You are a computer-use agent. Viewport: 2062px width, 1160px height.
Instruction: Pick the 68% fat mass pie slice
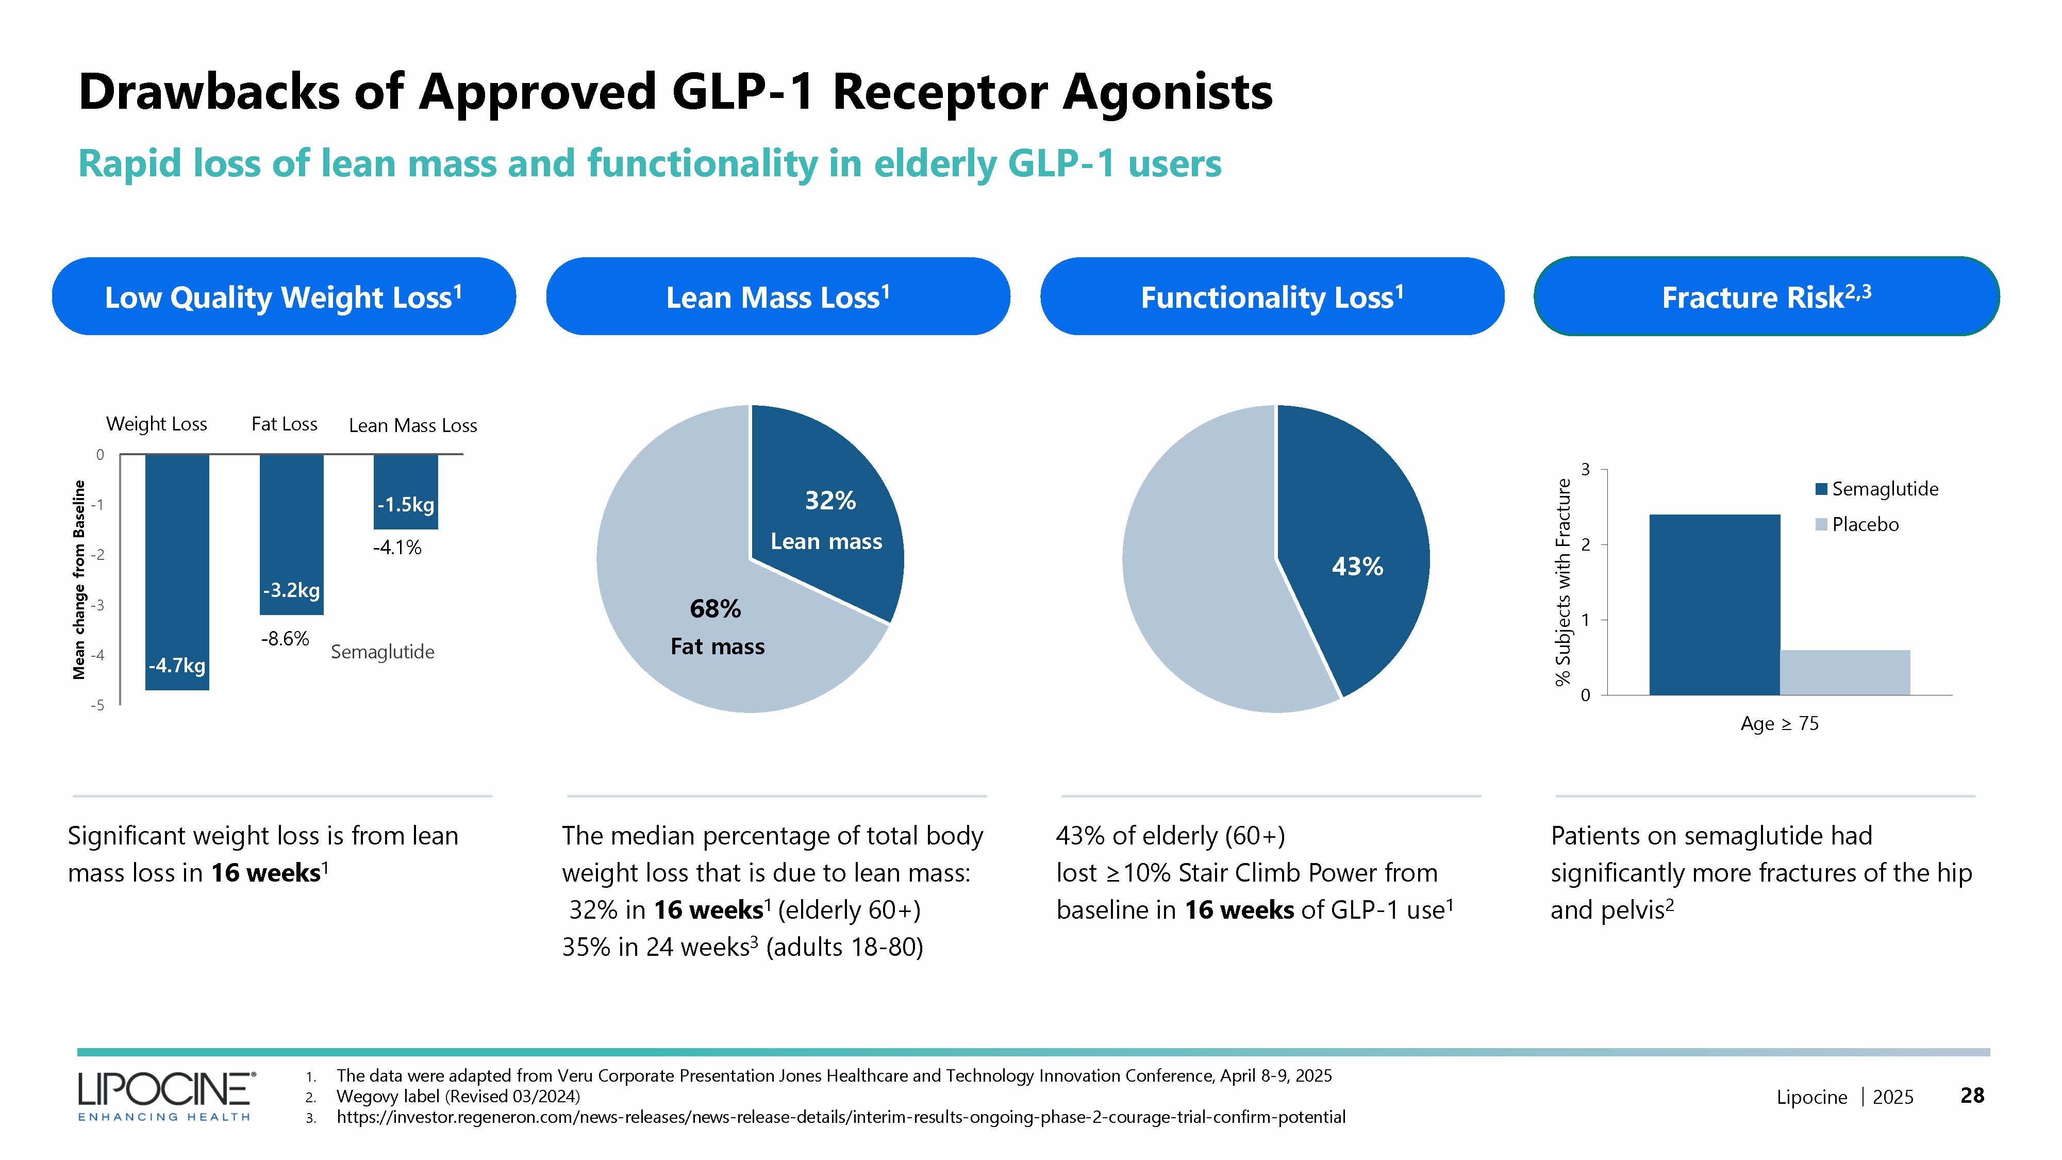(704, 624)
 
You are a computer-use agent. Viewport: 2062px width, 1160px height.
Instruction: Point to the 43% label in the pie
(1357, 567)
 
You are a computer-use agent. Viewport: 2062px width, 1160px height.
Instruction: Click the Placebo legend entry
(1857, 524)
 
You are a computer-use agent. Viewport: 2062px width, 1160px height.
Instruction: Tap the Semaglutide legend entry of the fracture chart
(1877, 489)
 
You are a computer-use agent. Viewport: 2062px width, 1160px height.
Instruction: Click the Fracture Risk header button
(1766, 297)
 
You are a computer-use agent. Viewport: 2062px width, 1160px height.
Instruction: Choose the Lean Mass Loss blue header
(777, 297)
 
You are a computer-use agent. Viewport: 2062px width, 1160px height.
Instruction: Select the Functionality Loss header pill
(1271, 297)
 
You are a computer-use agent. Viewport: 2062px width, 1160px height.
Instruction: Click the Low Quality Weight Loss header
(284, 297)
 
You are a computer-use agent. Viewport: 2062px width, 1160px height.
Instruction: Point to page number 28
(1972, 1095)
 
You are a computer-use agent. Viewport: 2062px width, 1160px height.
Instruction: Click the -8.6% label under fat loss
(285, 639)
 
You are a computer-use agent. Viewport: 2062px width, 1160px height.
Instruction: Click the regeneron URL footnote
(840, 1117)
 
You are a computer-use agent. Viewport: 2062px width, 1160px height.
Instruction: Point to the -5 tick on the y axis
(97, 705)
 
